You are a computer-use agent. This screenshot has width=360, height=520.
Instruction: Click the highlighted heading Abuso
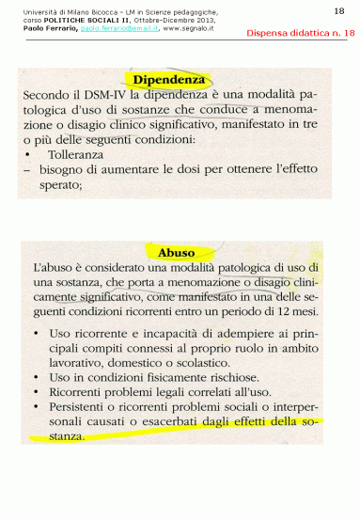coord(177,253)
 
